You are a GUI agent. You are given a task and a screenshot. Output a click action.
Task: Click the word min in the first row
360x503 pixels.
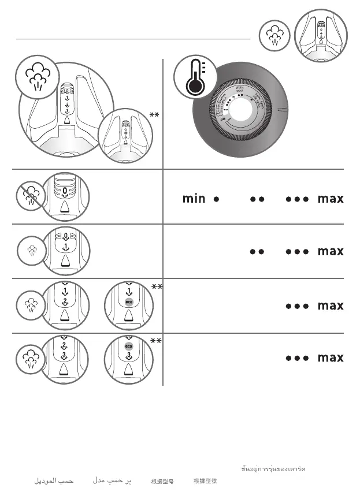(194, 199)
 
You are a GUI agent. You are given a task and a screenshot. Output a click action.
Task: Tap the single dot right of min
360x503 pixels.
(216, 199)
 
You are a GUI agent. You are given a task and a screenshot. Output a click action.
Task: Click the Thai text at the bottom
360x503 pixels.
(273, 468)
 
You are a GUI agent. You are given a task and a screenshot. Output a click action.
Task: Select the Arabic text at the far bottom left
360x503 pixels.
(53, 480)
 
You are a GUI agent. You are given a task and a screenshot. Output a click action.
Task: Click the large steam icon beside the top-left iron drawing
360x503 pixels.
(37, 77)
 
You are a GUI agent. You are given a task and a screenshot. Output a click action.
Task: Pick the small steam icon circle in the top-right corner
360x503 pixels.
(273, 36)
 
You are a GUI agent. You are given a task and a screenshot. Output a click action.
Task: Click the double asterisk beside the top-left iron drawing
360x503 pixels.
(154, 116)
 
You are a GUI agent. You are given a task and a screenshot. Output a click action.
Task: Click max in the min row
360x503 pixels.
(331, 199)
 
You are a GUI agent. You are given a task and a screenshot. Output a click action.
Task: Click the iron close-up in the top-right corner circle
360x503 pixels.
(321, 36)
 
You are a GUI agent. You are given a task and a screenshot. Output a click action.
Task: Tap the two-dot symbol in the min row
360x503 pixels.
(257, 199)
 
